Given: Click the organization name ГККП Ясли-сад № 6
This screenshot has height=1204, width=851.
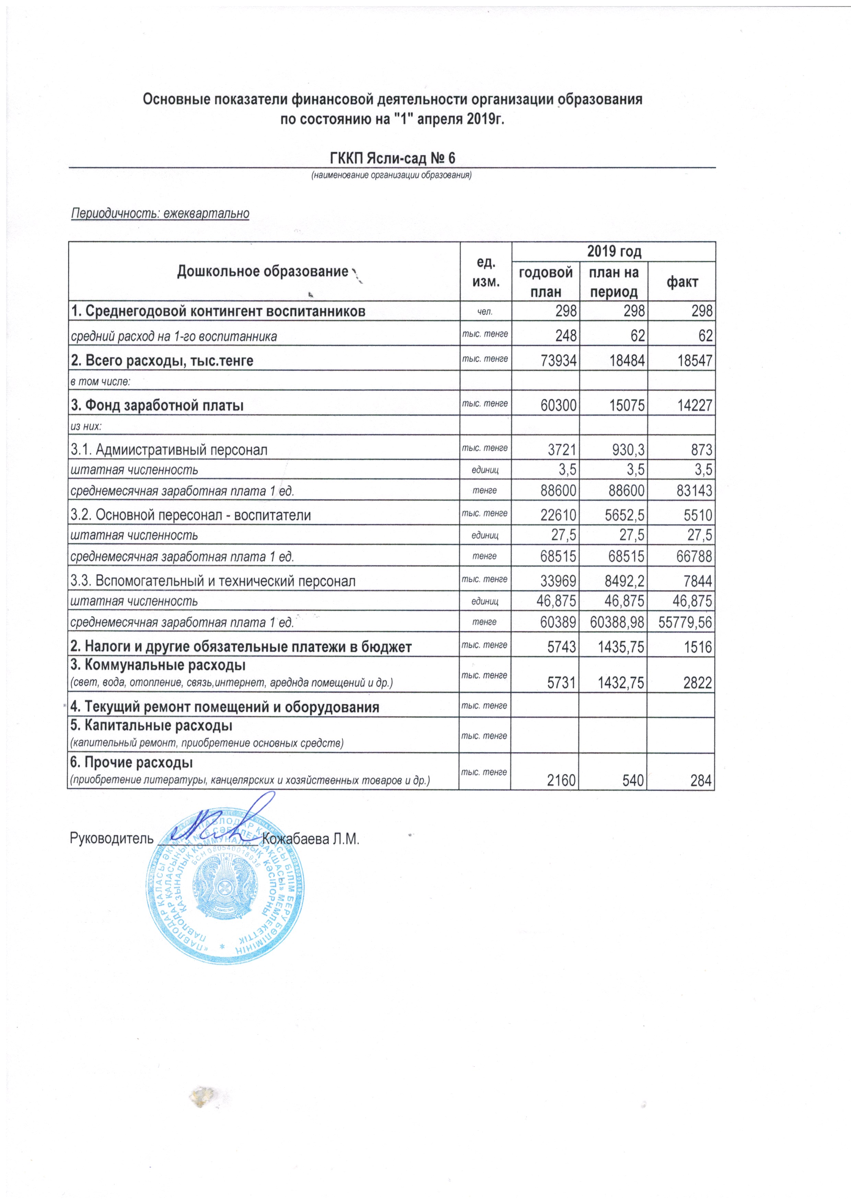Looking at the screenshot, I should point(393,158).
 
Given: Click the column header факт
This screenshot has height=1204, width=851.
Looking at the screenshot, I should point(681,282).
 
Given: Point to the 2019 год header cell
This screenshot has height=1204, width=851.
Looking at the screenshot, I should point(614,252).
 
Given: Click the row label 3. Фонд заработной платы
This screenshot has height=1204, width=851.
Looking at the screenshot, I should point(157,405).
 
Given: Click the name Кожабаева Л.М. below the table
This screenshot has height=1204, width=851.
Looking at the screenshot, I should point(311,838).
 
